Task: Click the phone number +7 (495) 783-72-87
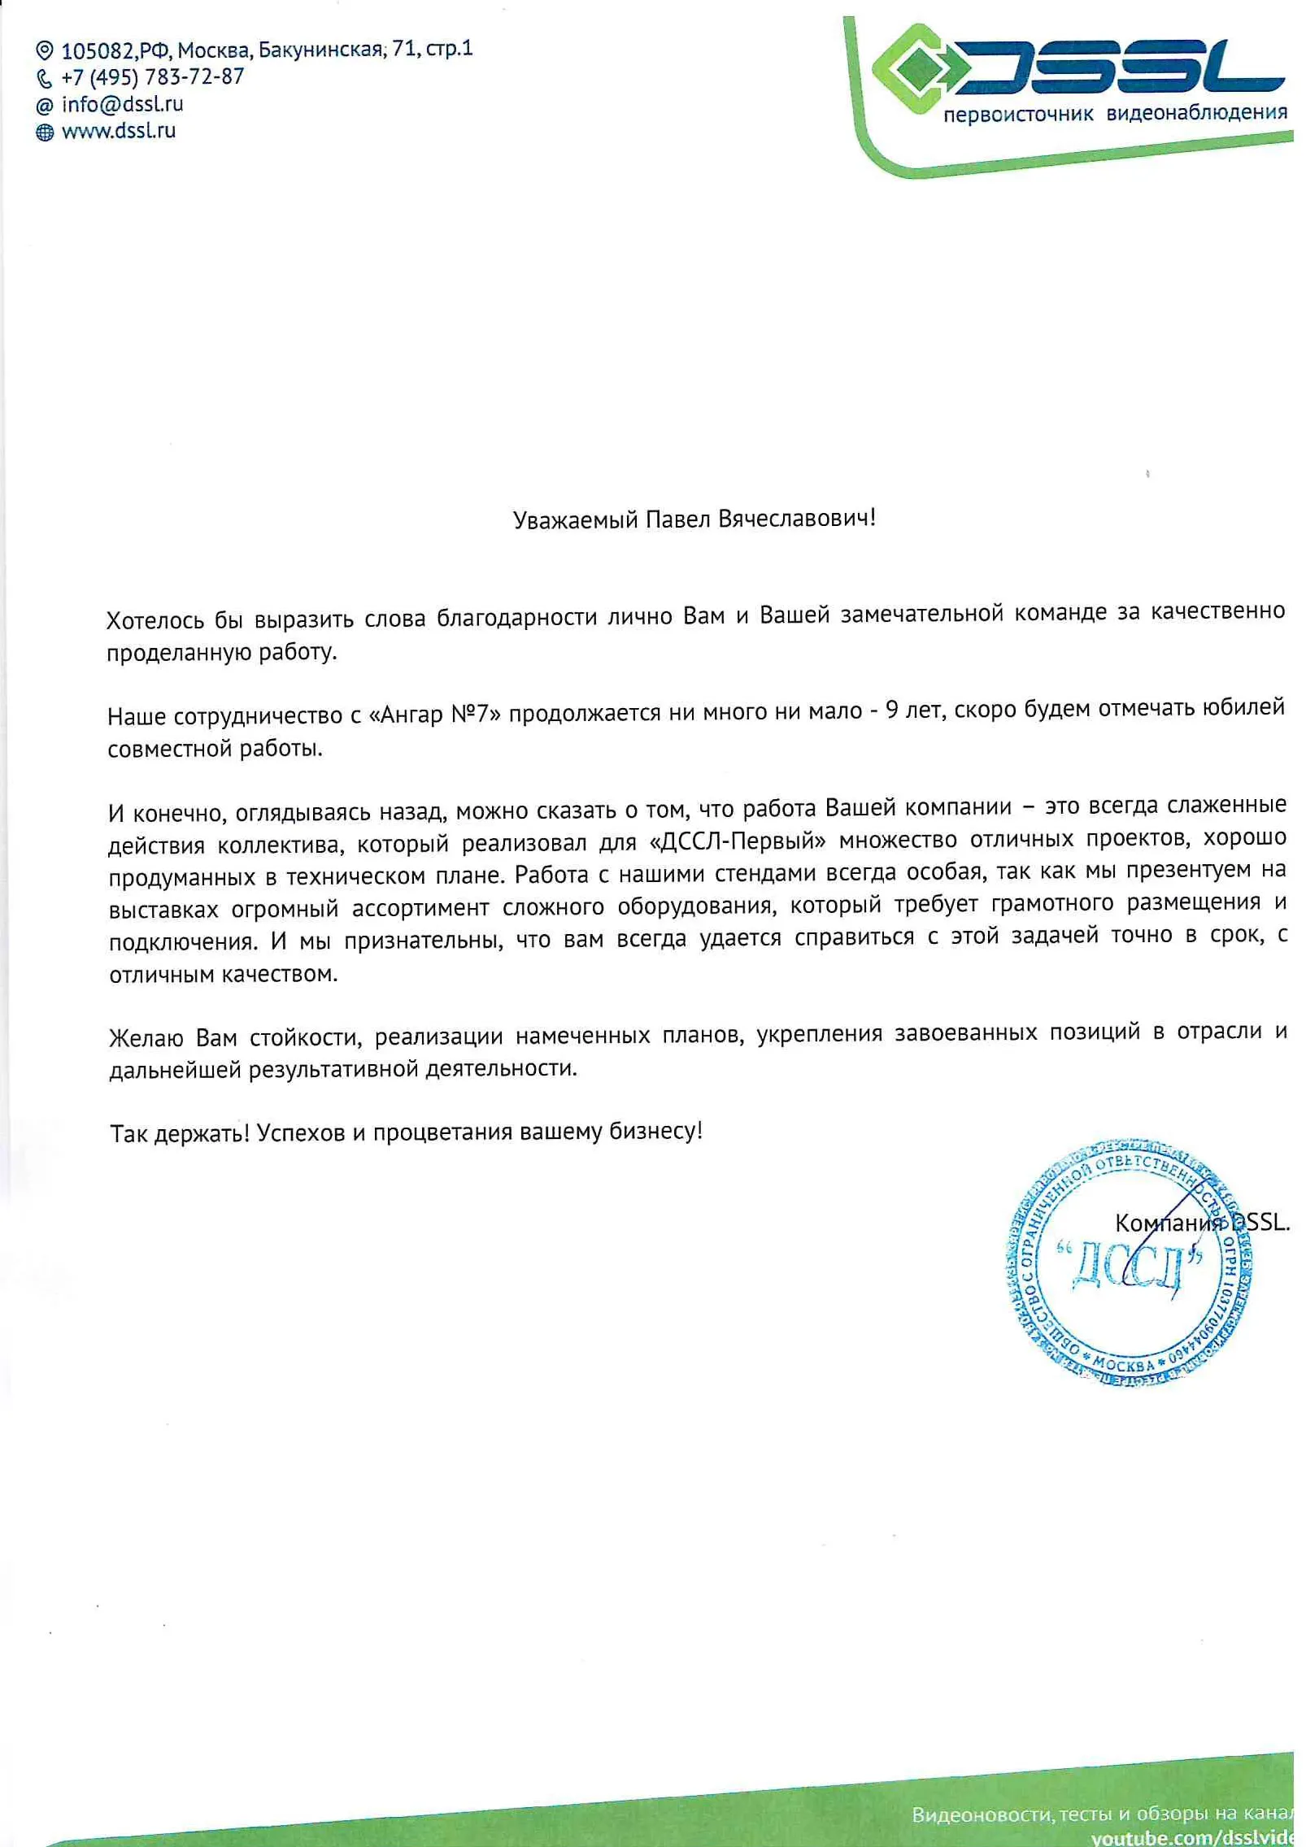coord(152,77)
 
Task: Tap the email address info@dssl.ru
coord(122,104)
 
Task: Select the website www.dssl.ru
coord(119,131)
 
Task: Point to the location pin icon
coord(45,51)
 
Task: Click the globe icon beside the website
coord(45,132)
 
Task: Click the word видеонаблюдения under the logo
coord(1196,112)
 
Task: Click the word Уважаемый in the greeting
coord(575,519)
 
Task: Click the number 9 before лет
coord(891,710)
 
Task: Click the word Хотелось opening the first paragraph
coord(155,620)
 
